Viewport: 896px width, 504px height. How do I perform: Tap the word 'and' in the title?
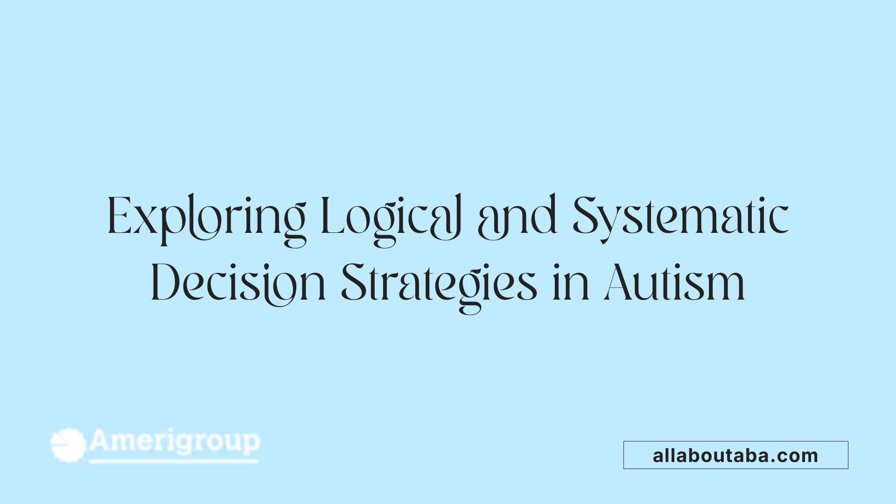click(x=517, y=217)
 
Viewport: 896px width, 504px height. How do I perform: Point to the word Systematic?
click(x=680, y=217)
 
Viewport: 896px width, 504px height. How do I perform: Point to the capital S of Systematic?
click(x=586, y=216)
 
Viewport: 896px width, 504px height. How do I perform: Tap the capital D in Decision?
click(x=165, y=283)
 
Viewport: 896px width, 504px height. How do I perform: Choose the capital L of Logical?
click(x=332, y=216)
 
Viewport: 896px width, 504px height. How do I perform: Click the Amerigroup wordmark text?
click(x=175, y=441)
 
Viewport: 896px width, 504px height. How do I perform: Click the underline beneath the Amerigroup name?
click(x=174, y=462)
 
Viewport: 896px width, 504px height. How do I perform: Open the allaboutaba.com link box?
click(x=735, y=455)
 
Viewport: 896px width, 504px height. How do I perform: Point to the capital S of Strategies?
click(x=353, y=283)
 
